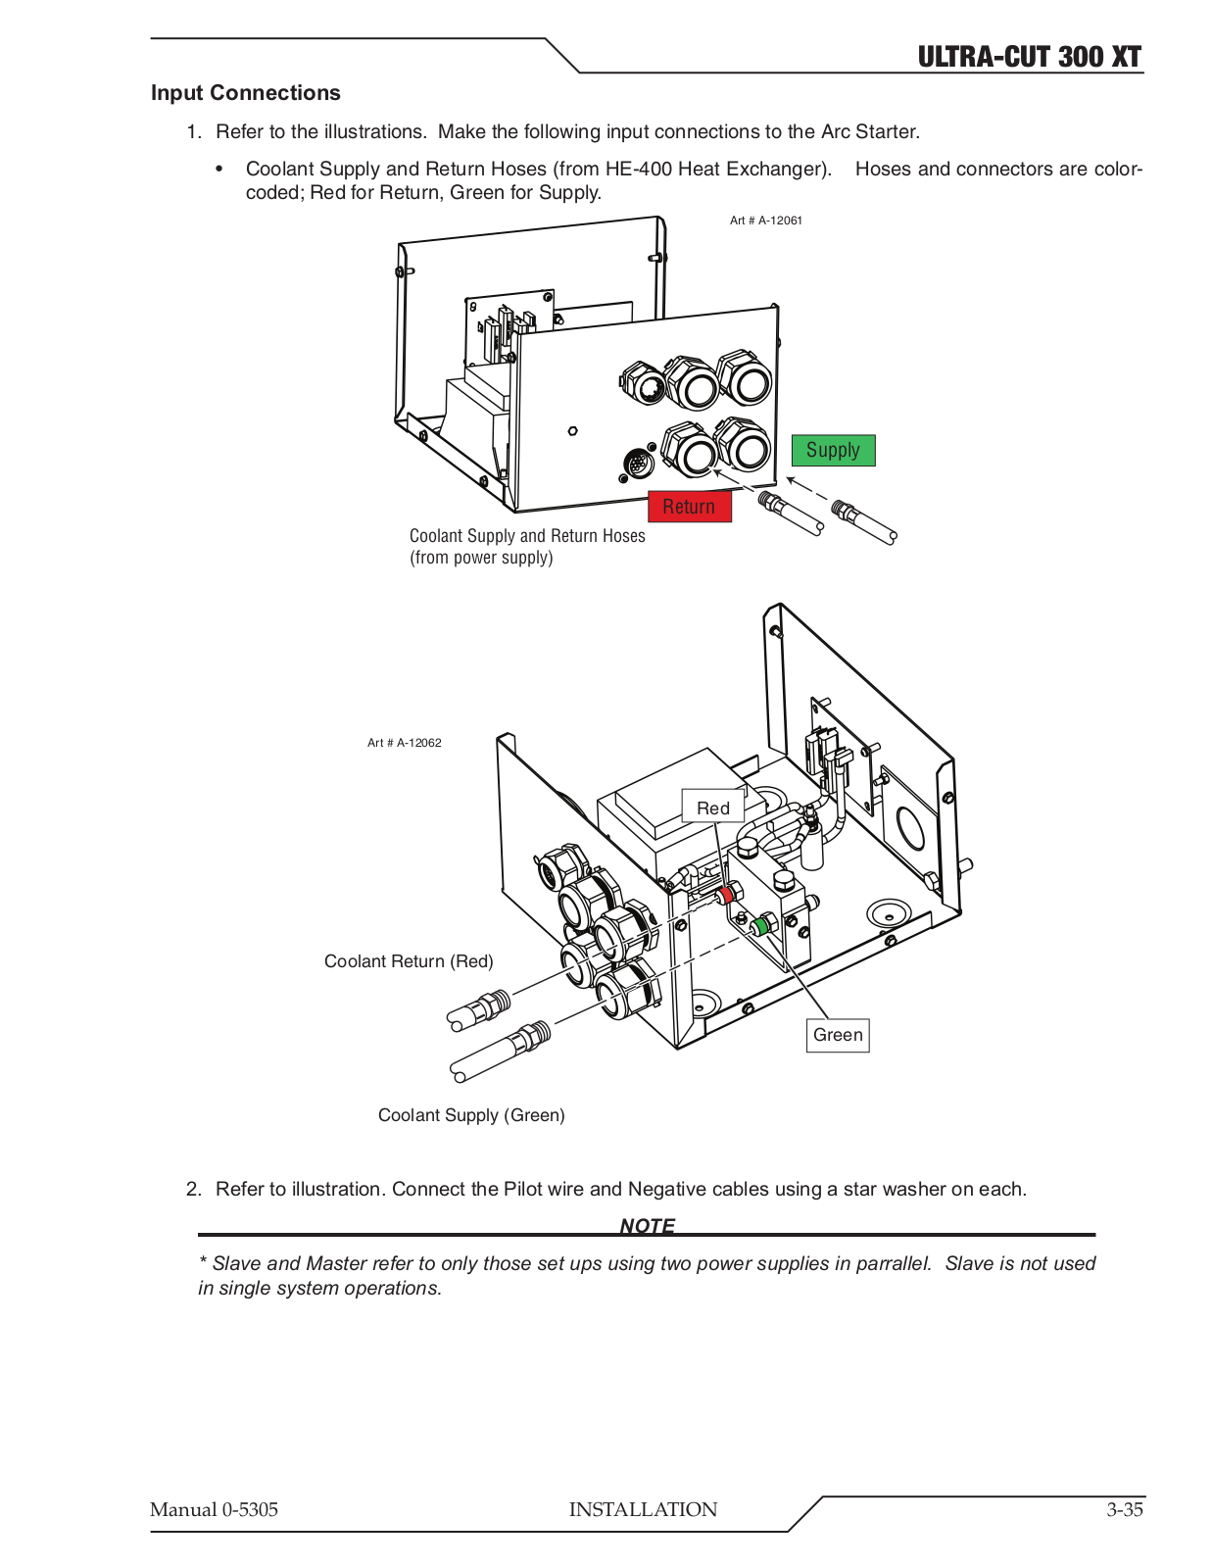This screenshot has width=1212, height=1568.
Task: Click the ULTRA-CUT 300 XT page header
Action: coord(1029,57)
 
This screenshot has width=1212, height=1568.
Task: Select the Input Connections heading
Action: coord(245,93)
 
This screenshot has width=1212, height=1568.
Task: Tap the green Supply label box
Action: coord(833,450)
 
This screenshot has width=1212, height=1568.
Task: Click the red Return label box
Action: coord(689,507)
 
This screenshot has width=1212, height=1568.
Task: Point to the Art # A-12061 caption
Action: coord(765,220)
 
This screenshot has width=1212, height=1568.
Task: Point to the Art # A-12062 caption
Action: coord(404,743)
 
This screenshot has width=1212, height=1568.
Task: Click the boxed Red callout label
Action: coord(712,808)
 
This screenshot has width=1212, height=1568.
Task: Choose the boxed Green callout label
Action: coord(838,1035)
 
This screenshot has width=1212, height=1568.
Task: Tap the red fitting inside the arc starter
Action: coord(726,895)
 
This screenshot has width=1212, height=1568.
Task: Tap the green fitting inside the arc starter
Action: coord(759,925)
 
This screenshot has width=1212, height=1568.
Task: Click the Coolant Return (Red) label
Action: coord(409,961)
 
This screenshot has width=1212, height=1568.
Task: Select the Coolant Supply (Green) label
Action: coord(471,1115)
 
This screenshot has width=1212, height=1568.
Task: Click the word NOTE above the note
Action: coord(647,1225)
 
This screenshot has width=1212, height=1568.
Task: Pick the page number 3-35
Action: coord(1125,1509)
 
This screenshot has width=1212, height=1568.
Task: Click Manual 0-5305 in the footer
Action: coord(214,1509)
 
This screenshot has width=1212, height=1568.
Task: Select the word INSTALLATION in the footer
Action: coord(643,1509)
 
